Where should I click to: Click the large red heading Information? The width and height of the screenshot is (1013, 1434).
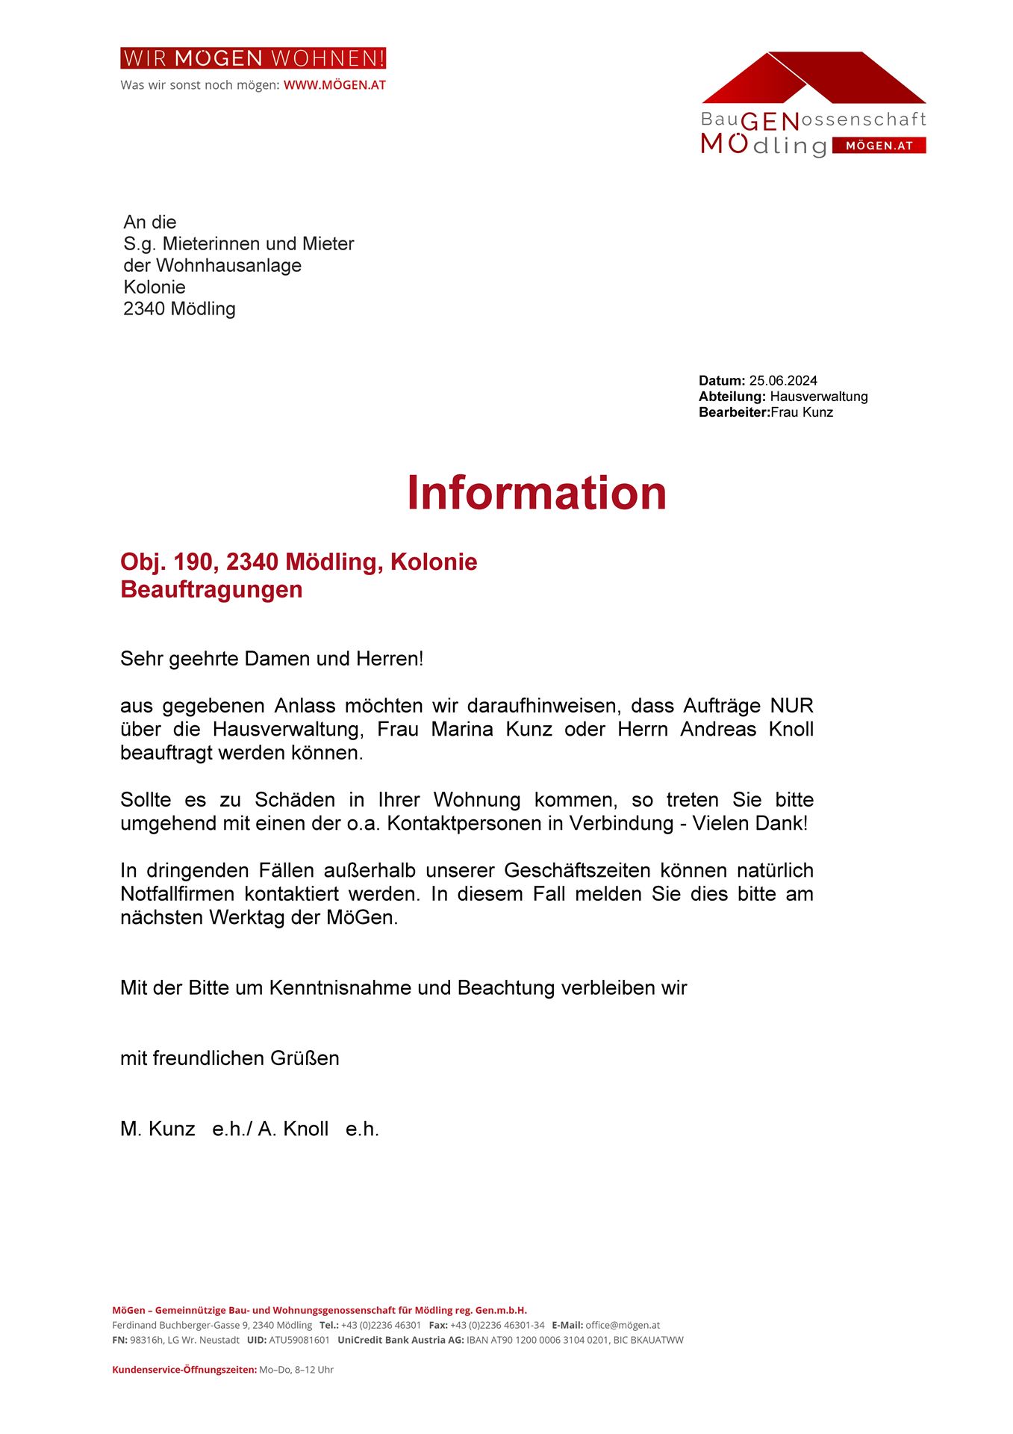536,493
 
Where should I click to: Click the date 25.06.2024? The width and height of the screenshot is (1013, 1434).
783,381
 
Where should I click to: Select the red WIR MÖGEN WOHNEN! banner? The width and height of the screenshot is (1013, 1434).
253,58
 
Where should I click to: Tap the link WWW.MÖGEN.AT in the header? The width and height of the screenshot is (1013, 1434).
334,85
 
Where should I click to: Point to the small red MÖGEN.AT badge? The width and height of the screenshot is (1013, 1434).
879,146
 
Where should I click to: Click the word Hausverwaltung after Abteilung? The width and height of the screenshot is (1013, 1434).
818,397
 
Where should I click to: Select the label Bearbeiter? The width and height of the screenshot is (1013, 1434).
734,412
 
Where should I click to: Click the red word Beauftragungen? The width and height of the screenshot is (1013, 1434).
211,589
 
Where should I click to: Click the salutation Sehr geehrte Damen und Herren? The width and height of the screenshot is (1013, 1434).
272,659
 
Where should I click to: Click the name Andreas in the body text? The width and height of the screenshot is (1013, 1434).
717,729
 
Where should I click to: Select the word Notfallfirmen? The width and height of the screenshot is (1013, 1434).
177,894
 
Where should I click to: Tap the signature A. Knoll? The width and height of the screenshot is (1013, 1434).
293,1129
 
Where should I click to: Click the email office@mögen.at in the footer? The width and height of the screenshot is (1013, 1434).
622,1325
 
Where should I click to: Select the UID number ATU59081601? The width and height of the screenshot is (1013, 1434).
299,1340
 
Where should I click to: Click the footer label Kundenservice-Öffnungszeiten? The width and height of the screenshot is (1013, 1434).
184,1370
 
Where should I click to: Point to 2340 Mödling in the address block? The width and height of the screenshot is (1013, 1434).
179,308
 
